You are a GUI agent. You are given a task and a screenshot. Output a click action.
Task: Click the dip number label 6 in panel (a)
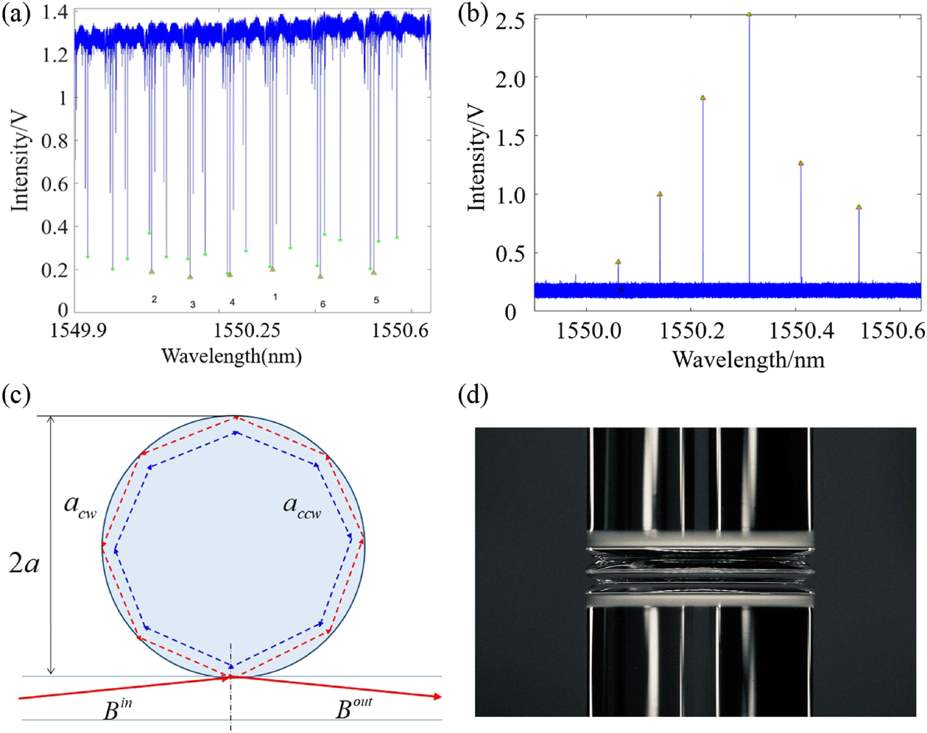point(323,304)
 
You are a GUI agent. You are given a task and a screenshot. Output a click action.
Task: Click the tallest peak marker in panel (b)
point(749,15)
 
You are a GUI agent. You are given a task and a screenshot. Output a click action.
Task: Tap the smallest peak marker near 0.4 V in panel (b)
point(618,261)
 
